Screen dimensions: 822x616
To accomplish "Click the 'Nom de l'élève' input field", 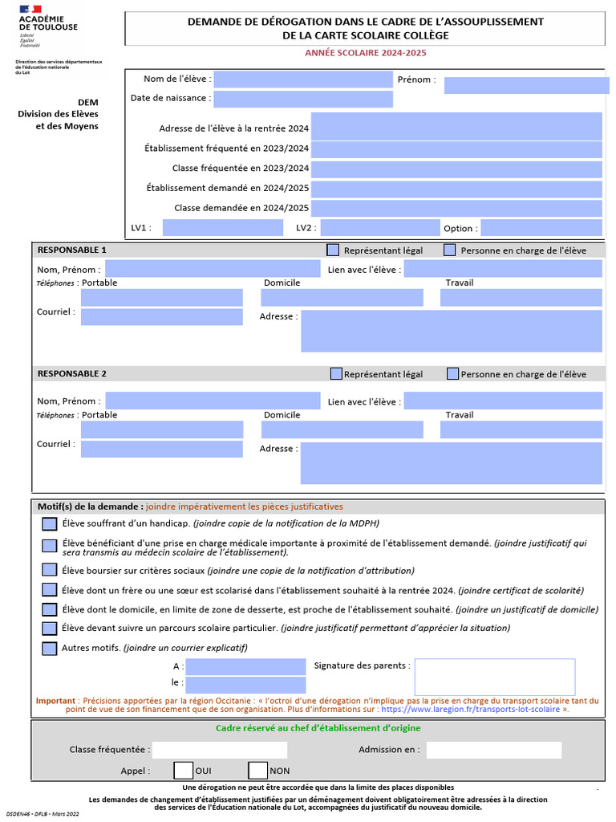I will tap(302, 79).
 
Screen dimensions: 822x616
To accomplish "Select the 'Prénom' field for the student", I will tap(522, 85).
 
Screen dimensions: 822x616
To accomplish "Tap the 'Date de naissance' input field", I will tap(302, 99).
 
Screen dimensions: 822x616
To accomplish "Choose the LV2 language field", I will tap(379, 227).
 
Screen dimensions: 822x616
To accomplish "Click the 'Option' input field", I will tap(541, 227).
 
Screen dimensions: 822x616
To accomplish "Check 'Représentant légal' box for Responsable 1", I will tap(333, 250).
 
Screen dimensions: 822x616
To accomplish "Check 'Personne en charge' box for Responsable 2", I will tap(453, 374).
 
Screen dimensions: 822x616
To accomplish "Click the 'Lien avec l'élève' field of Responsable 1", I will tap(502, 269).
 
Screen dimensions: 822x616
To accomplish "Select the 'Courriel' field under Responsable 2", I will tap(161, 449).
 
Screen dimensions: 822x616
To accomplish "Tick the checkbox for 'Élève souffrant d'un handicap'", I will tap(49, 524).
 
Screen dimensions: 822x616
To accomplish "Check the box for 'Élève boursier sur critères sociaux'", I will tap(49, 571).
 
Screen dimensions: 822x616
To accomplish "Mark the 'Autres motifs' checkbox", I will tap(49, 648).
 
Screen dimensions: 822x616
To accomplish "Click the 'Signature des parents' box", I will tap(494, 677).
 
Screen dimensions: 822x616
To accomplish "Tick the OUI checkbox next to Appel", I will tap(183, 771).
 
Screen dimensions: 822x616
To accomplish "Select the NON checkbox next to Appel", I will tap(257, 771).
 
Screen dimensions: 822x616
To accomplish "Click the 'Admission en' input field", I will tap(493, 750).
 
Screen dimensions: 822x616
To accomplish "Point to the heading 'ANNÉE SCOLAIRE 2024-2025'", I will tap(365, 53).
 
